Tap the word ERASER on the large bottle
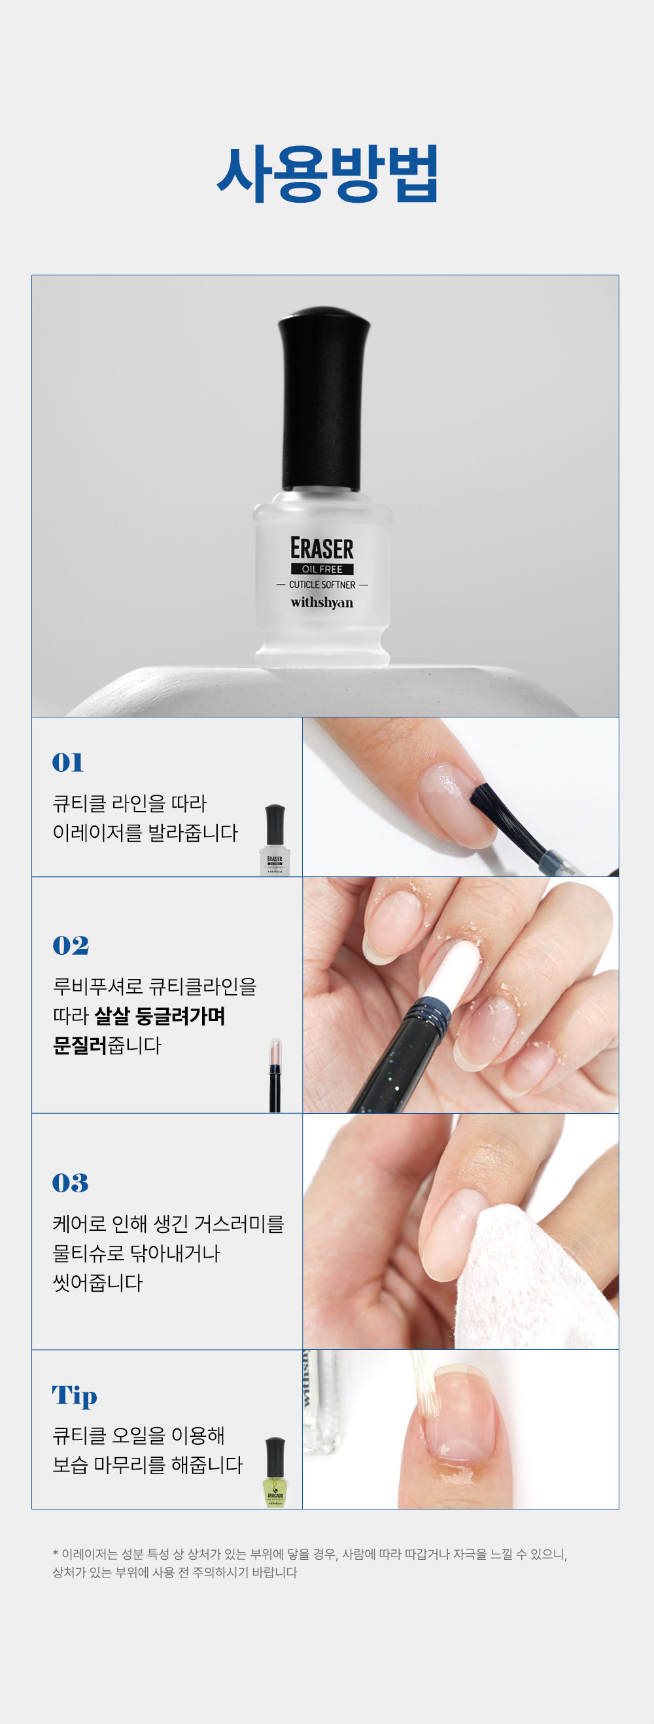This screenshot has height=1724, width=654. click(322, 548)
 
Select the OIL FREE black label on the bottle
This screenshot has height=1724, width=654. click(322, 569)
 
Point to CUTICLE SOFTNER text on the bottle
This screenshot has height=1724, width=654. click(322, 585)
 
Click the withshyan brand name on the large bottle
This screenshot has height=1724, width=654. click(322, 602)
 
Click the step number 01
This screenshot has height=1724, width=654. click(67, 763)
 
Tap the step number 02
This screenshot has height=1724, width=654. click(70, 946)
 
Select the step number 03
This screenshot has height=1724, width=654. click(70, 1183)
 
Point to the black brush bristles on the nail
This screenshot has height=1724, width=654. click(502, 817)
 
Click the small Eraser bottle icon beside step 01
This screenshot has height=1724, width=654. click(275, 840)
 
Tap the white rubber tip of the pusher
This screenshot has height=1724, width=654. click(451, 970)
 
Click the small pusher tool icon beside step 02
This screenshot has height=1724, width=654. click(275, 1075)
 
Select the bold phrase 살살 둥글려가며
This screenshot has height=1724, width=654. click(160, 1016)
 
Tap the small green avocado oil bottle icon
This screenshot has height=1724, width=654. click(275, 1472)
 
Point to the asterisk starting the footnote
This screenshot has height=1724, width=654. click(55, 1553)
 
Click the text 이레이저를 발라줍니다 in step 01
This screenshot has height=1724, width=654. click(145, 833)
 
